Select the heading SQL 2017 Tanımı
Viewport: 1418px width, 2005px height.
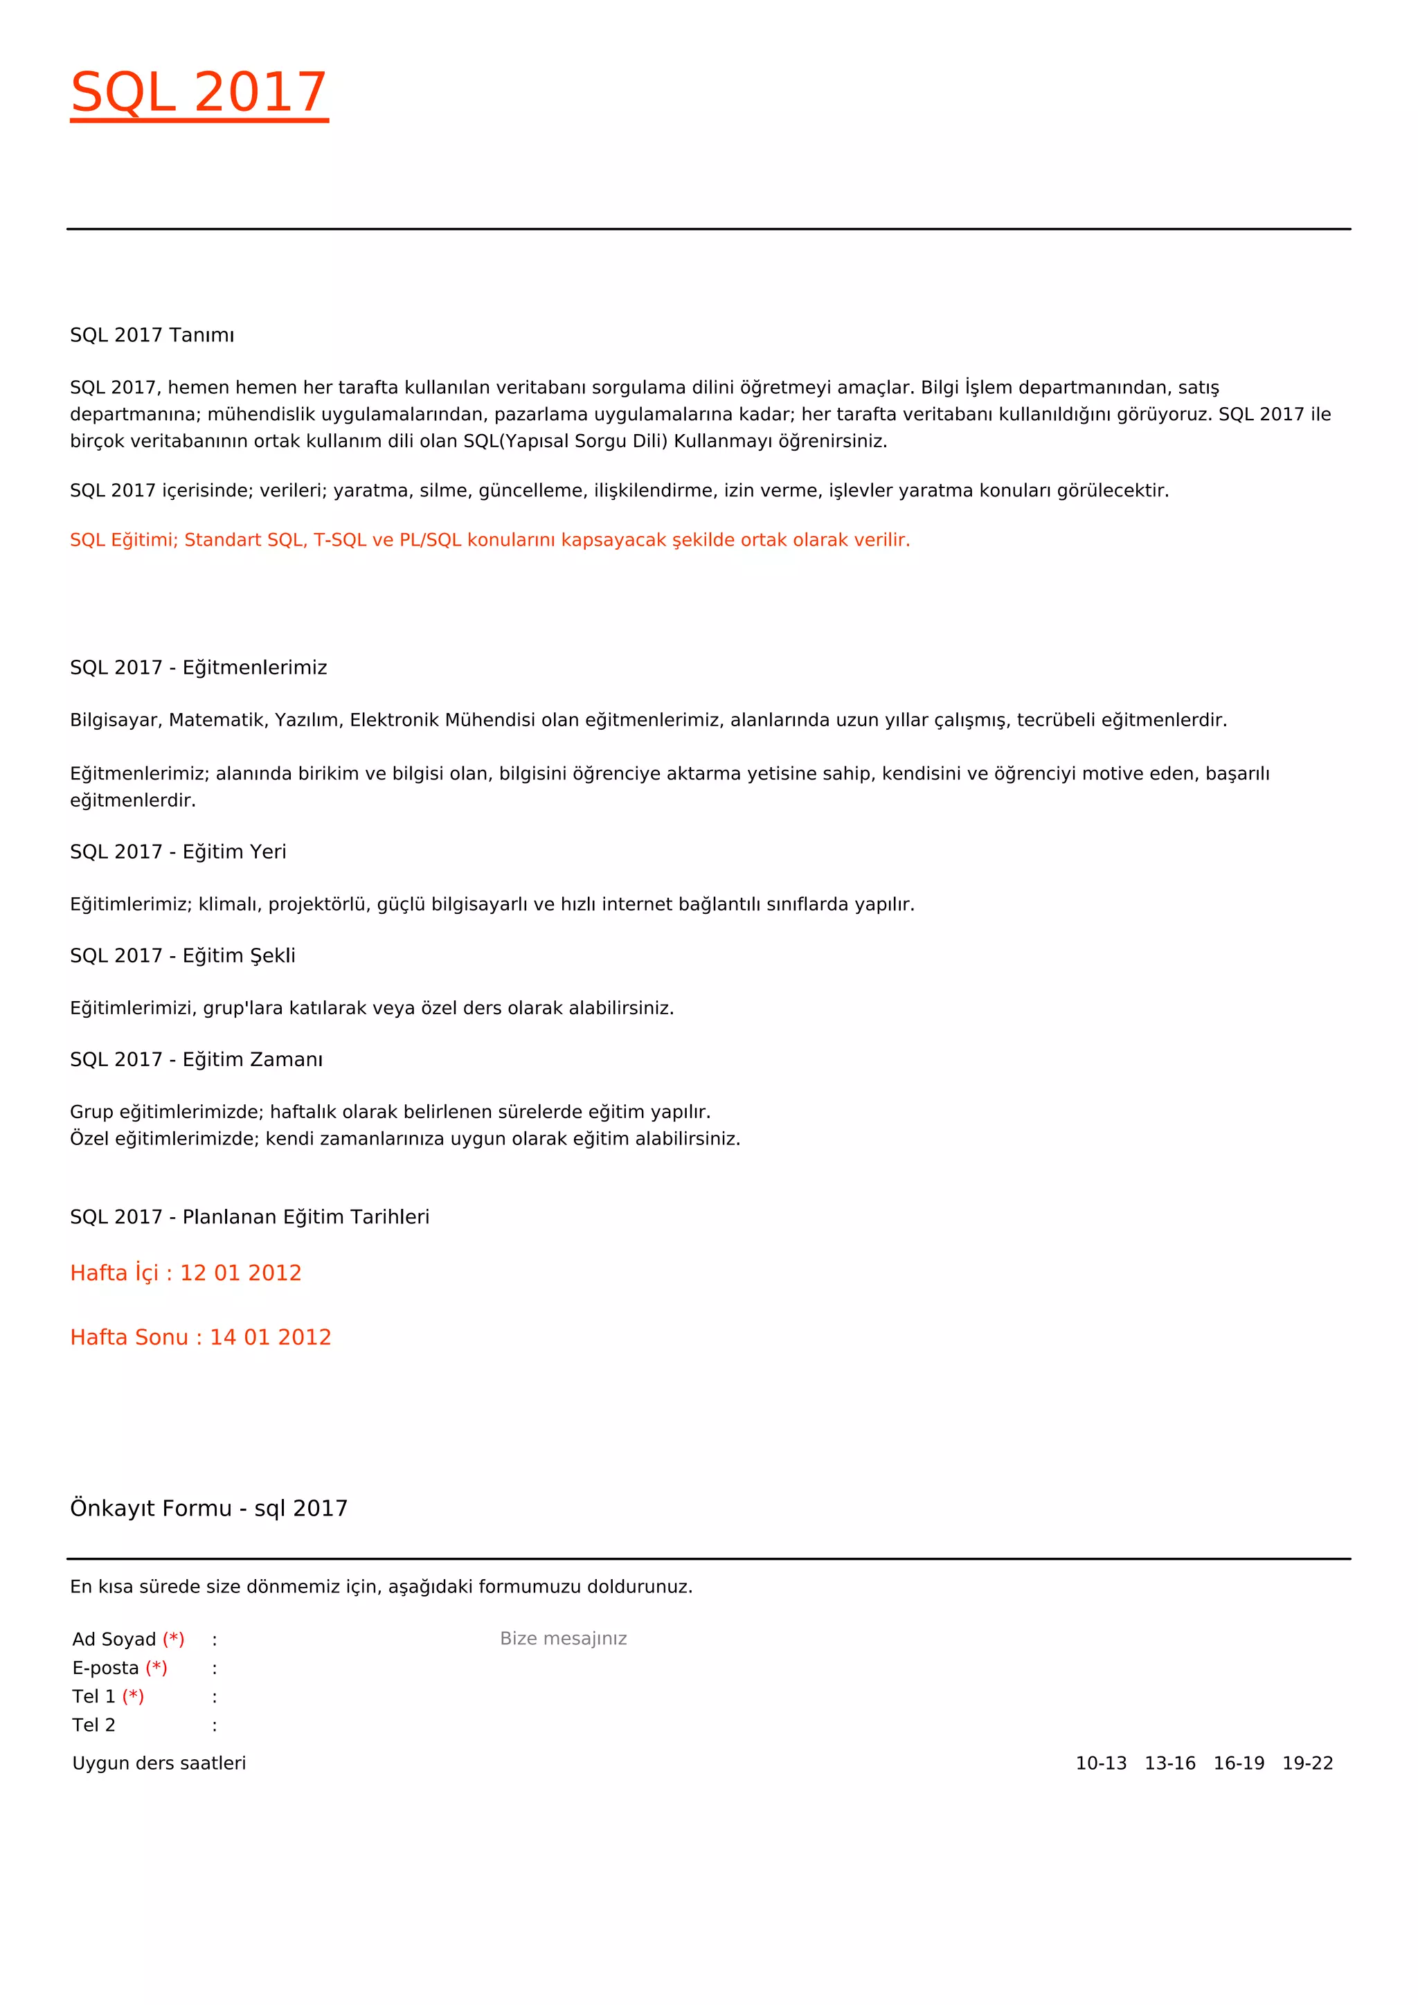pos(152,335)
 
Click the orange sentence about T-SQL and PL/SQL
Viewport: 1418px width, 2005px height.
pos(490,539)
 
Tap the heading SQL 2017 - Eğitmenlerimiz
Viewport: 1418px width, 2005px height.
pos(198,667)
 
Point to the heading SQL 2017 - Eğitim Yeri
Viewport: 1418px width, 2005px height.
pos(178,852)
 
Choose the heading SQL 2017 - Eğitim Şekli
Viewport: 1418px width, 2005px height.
pos(183,955)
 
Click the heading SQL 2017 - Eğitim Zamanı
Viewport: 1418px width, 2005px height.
pos(197,1059)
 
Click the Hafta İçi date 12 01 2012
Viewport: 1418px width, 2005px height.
pos(240,1273)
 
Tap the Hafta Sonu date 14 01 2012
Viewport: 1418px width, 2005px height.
pos(270,1337)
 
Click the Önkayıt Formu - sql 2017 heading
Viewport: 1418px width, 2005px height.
pos(208,1508)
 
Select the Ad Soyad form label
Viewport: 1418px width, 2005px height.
pos(114,1639)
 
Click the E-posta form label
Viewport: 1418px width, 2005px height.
pos(106,1668)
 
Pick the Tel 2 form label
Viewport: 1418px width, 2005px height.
pos(93,1725)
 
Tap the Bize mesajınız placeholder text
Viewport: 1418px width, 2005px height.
pos(563,1638)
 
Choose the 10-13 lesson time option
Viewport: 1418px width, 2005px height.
pos(1101,1763)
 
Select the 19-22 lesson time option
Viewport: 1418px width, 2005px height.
pos(1307,1763)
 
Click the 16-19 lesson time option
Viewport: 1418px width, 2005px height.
pos(1238,1763)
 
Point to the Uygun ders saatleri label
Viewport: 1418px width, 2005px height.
pos(159,1763)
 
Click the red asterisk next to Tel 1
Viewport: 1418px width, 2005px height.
pos(133,1696)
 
